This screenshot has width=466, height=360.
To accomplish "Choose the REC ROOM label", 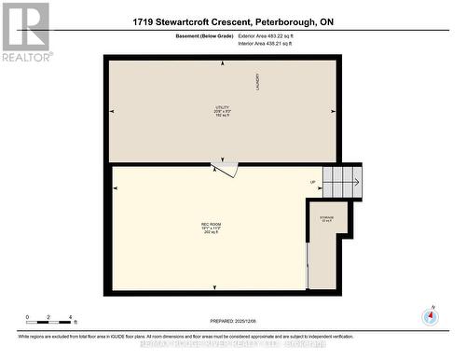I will tap(211, 225).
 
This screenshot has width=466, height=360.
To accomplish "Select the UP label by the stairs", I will tap(313, 182).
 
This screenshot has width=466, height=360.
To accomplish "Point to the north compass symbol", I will tap(431, 315).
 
